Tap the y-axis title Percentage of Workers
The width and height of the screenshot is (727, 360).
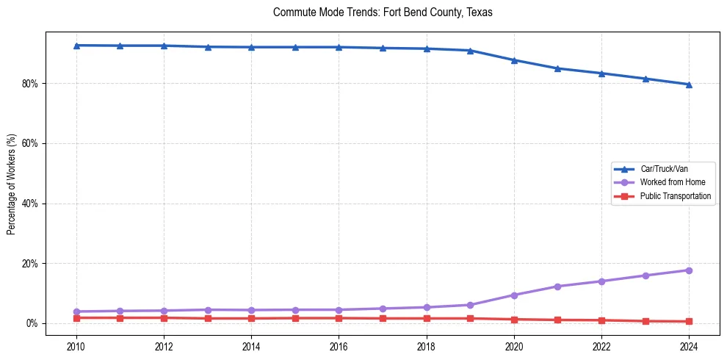click(11, 184)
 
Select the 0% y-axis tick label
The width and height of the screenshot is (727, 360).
click(32, 323)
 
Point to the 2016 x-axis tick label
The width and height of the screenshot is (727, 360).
click(339, 346)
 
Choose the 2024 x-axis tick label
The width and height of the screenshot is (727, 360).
click(689, 346)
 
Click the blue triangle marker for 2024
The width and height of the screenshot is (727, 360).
click(689, 84)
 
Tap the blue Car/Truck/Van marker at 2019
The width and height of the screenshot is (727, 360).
click(470, 51)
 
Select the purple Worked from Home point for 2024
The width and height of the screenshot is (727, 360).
click(689, 270)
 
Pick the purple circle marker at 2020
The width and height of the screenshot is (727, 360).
click(514, 295)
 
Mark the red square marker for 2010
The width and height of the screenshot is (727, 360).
click(76, 318)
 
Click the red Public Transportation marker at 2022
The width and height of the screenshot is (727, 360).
click(601, 320)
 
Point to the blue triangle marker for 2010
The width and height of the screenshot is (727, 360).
click(76, 46)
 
